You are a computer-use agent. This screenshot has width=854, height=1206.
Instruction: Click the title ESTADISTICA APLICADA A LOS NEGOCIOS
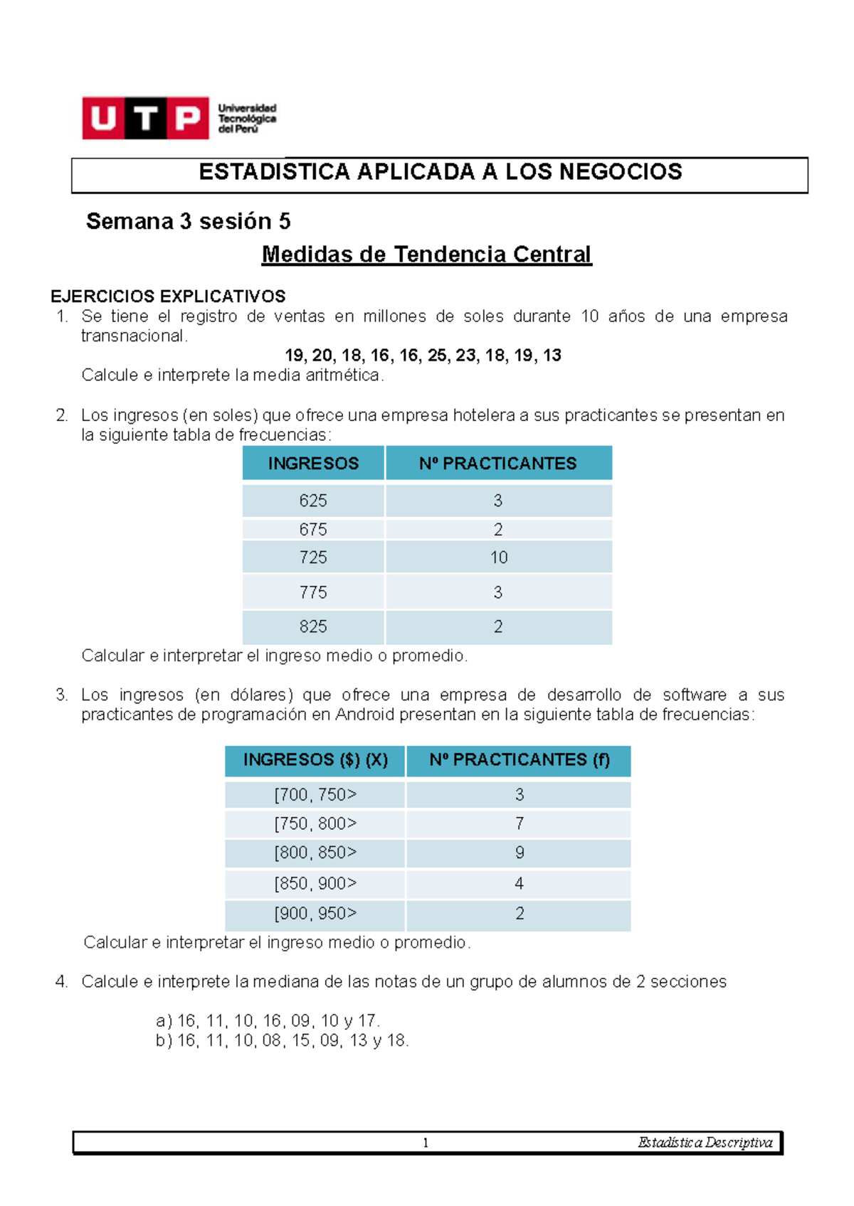click(x=440, y=172)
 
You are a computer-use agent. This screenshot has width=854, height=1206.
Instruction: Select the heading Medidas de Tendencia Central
click(x=426, y=254)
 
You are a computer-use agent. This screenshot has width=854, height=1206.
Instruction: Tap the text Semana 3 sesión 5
click(x=188, y=221)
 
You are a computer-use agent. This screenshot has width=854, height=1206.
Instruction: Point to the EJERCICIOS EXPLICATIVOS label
click(x=168, y=296)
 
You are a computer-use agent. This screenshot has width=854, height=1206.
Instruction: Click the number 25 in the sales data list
click(x=436, y=356)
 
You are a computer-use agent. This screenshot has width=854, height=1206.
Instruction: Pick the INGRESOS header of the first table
click(x=313, y=464)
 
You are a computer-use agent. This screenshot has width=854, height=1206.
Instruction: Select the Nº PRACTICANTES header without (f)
click(x=497, y=464)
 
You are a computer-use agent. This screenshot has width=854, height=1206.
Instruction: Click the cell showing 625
click(x=313, y=501)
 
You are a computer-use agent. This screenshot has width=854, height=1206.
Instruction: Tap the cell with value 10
click(x=498, y=557)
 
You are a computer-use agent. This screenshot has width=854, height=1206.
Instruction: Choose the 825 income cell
click(x=313, y=626)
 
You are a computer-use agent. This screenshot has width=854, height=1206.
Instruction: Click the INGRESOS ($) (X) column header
click(x=315, y=760)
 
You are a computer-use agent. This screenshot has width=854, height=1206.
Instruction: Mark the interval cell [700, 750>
click(x=315, y=794)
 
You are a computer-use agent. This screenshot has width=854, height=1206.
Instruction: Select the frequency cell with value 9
click(x=520, y=853)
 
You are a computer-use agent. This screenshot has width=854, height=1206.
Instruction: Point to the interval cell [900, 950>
click(x=315, y=913)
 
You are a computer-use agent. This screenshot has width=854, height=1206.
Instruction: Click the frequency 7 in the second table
click(x=520, y=823)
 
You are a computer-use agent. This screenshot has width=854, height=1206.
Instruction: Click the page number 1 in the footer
click(x=426, y=1143)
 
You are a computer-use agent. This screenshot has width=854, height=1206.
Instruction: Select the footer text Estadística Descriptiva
click(x=705, y=1143)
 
